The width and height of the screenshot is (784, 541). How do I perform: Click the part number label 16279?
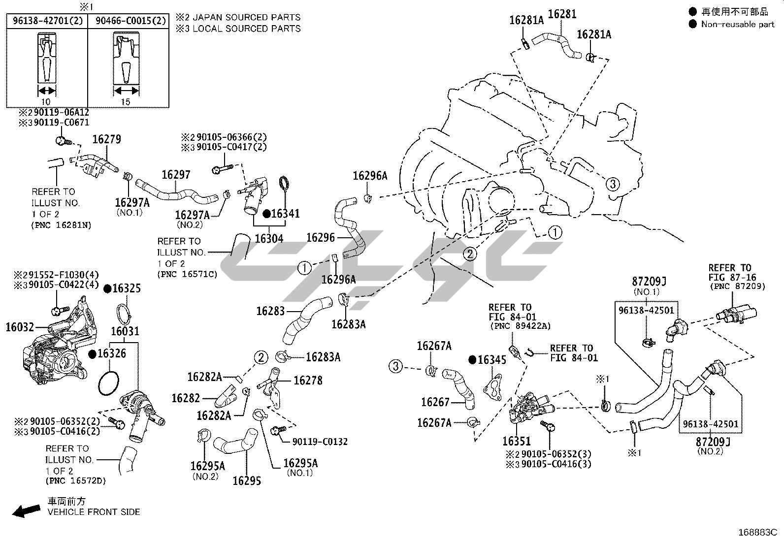[106, 140]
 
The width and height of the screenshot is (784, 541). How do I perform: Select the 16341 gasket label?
[285, 214]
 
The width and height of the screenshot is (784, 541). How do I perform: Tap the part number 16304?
[269, 239]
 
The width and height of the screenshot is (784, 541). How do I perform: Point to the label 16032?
[20, 326]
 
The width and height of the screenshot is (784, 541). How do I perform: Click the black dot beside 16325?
[107, 288]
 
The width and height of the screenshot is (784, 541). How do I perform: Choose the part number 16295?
[246, 480]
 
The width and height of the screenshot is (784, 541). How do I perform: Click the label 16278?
[308, 381]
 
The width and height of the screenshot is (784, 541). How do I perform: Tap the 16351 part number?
[517, 441]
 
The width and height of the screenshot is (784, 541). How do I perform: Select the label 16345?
[492, 360]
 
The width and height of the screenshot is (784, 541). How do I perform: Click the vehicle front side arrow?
[26, 511]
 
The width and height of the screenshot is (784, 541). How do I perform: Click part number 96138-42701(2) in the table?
[47, 21]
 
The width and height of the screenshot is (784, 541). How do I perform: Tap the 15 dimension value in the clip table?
[126, 102]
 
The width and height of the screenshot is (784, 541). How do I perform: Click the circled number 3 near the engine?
[612, 185]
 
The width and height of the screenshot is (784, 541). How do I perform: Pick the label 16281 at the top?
[562, 14]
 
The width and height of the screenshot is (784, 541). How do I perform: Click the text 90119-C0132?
[320, 442]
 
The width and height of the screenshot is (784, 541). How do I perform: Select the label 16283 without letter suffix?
[270, 311]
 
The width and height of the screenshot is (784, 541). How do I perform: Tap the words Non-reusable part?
[737, 24]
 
